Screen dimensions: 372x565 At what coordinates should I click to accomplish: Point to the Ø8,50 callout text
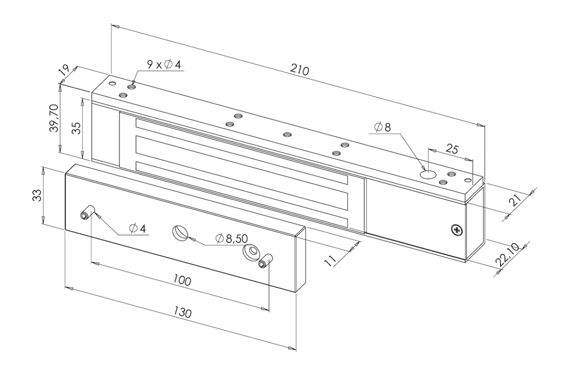232,238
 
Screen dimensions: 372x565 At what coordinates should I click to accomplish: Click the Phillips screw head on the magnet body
457,229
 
